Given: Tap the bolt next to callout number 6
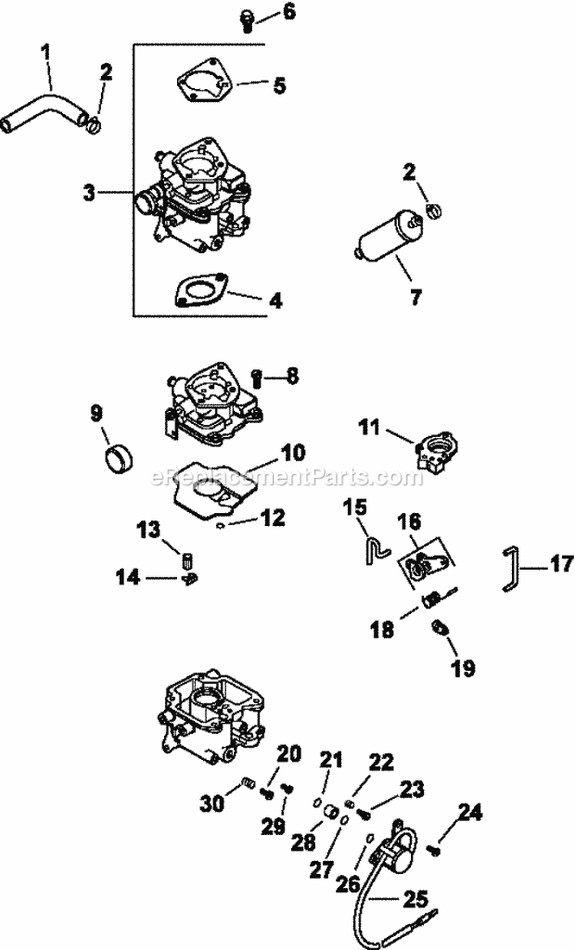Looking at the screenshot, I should point(247,18).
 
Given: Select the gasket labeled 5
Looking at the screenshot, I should point(202,84).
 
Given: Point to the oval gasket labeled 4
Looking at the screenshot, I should point(201,291).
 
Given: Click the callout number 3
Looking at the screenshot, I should point(90,192).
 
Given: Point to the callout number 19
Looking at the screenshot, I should point(463,668).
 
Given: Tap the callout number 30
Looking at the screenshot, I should point(212,804).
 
